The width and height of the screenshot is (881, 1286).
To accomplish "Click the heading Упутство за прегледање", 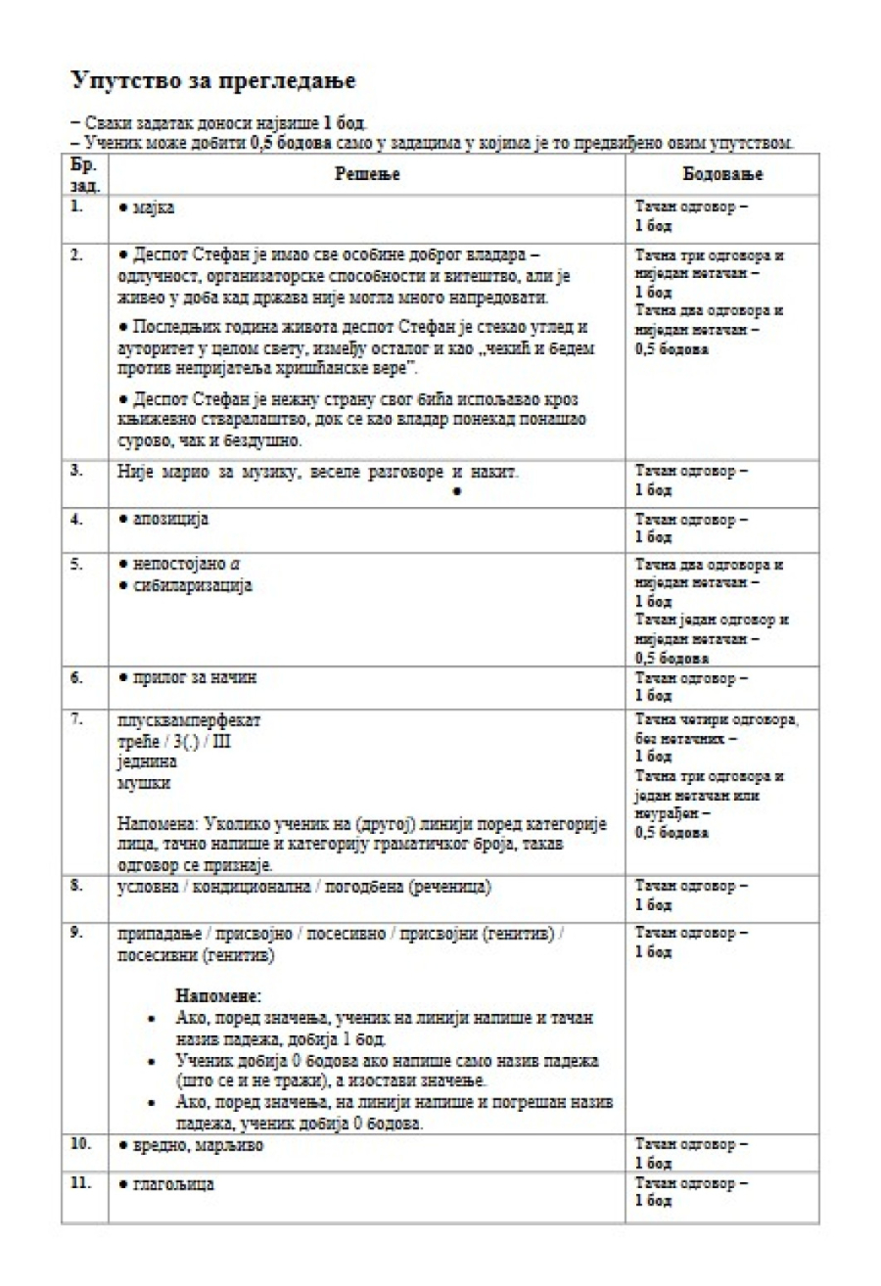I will pyautogui.click(x=213, y=79).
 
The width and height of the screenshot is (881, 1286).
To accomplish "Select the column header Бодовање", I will pyautogui.click(x=722, y=174).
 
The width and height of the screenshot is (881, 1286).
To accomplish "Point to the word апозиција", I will pyautogui.click(x=169, y=519).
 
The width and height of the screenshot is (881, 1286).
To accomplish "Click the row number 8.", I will pyautogui.click(x=76, y=885).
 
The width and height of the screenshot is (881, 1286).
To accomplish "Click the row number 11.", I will pyautogui.click(x=80, y=1182).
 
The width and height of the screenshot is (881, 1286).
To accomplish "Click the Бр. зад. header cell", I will pyautogui.click(x=84, y=174).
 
